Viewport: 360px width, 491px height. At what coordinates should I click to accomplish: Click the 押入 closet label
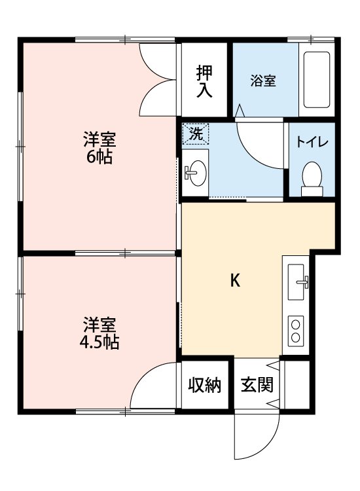(x=205, y=81)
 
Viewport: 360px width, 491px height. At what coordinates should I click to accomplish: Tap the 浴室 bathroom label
(x=263, y=81)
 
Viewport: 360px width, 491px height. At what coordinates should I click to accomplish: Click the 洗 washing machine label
(x=195, y=135)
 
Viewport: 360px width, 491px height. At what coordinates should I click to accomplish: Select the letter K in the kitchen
(x=234, y=281)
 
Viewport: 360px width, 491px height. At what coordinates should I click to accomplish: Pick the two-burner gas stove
(x=297, y=330)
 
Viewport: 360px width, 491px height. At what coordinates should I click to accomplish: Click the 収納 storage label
(x=205, y=385)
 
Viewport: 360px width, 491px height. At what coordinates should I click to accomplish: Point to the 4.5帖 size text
(x=100, y=342)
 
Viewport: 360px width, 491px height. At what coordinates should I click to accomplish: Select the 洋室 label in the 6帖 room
(x=99, y=139)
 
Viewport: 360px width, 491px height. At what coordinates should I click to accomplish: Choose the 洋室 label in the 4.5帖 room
(x=99, y=323)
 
